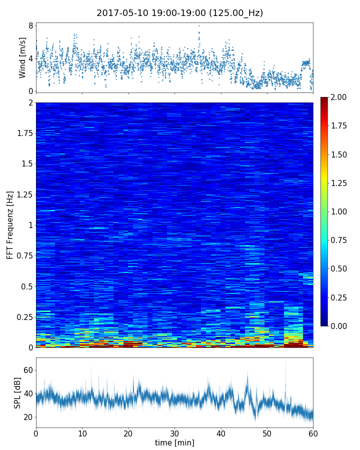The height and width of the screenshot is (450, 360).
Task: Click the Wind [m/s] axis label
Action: pos(22,57)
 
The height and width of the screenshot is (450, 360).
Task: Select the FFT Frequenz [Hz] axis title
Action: pos(10,224)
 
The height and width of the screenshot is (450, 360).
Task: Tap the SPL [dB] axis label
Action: pos(17,392)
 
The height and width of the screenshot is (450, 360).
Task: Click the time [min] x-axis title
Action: pos(174,442)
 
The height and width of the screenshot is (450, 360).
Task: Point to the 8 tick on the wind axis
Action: pos(30,25)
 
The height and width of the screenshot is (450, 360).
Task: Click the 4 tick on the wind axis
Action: pos(30,58)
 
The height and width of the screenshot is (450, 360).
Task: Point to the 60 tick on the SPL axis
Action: pos(27,370)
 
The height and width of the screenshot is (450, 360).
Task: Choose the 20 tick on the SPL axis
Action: pos(27,417)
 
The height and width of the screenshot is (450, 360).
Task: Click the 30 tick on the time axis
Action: pos(174,432)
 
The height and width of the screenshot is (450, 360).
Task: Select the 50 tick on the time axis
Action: pos(267,432)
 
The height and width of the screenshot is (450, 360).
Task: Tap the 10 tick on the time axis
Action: pos(82,432)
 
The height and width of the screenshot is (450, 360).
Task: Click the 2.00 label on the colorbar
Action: pos(340,97)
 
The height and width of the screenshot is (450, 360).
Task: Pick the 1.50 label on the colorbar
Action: pos(340,154)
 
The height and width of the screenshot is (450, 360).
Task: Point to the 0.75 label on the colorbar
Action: pos(340,240)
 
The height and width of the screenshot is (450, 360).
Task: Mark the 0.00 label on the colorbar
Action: pos(340,326)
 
